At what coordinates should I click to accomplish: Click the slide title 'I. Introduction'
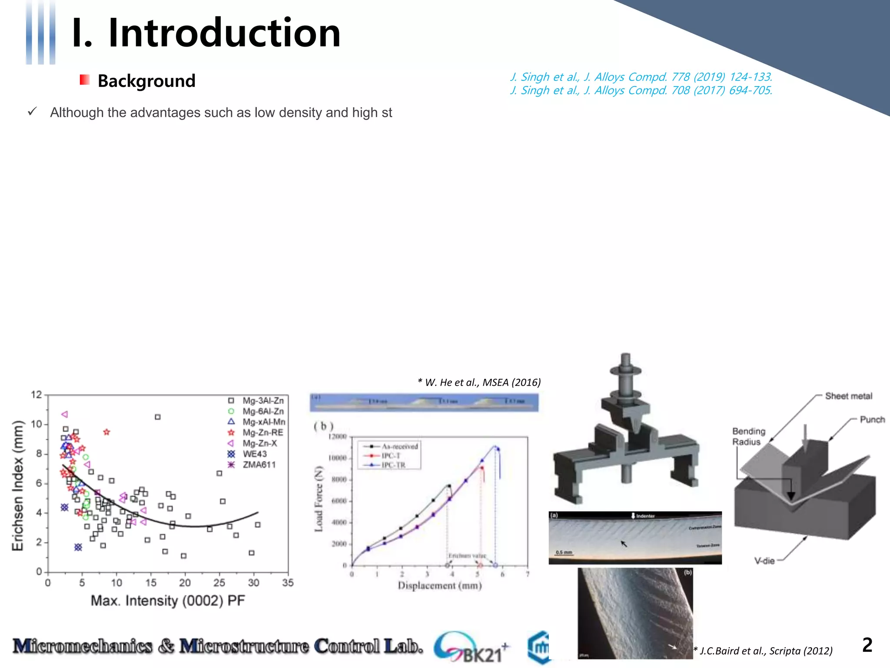coord(206,33)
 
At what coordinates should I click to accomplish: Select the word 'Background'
coord(146,81)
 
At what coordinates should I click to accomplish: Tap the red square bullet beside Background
coord(84,80)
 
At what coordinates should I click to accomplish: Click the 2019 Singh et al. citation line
coord(641,77)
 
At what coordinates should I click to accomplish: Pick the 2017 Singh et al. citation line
coord(641,90)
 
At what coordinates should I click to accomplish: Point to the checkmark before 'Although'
coord(32,112)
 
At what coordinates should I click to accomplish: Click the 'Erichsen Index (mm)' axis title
coord(17,485)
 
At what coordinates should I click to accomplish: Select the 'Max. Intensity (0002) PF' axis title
coord(168,601)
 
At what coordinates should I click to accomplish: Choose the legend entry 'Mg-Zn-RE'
coord(262,432)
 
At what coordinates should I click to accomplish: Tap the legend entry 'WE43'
coord(255,454)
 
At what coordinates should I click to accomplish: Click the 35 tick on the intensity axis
coord(288,583)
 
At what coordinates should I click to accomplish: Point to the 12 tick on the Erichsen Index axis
coord(36,395)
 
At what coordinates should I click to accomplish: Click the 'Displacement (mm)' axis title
coord(440,586)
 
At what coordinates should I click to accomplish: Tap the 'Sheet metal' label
coord(848,396)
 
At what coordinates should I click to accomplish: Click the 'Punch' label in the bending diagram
coord(872,420)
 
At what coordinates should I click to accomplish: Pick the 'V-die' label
coord(764,561)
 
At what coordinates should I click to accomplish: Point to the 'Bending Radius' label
coord(748,436)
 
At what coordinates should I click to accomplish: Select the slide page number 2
coord(867,645)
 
